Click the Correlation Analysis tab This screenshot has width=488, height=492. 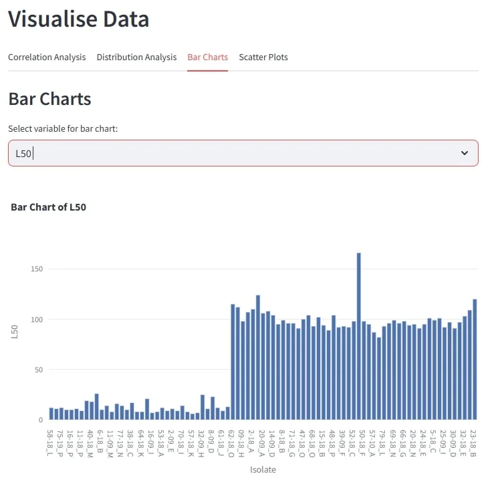(47, 57)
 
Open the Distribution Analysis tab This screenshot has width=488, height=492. (136, 57)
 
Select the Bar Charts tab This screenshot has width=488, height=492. (207, 57)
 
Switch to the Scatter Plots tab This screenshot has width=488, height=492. (263, 57)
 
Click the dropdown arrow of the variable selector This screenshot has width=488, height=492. (465, 153)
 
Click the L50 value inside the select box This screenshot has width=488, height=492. (24, 154)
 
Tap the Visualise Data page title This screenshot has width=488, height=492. (79, 19)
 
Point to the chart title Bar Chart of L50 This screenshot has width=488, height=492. (49, 207)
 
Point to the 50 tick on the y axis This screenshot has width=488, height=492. (38, 370)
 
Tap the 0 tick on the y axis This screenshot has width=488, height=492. (41, 420)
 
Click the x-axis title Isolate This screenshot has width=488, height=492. (263, 469)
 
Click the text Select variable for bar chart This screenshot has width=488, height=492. (63, 128)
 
